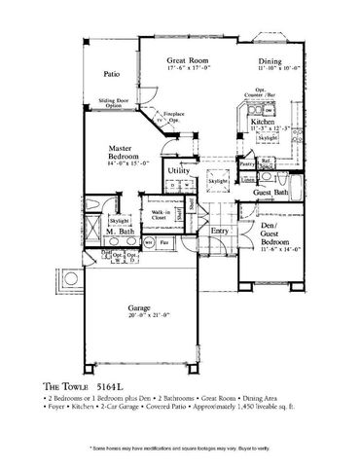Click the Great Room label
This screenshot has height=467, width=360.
[182, 61]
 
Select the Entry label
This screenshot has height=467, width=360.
[220, 231]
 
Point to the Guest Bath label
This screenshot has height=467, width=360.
[271, 194]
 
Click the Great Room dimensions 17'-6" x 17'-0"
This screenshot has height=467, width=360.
[182, 70]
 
